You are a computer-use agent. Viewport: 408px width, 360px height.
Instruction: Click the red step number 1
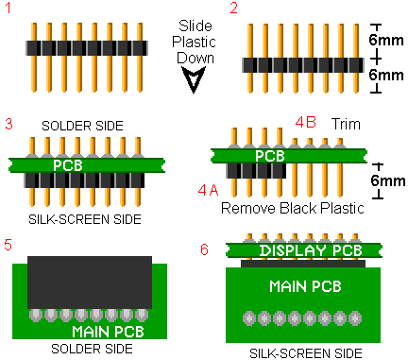pyautogui.click(x=8, y=8)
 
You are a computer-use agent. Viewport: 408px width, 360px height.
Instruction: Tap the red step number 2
pyautogui.click(x=233, y=8)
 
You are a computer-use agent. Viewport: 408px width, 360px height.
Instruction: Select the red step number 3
pyautogui.click(x=8, y=124)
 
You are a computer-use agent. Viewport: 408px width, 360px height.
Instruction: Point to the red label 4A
pyautogui.click(x=208, y=190)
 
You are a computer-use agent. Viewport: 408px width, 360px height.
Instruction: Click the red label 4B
pyautogui.click(x=305, y=122)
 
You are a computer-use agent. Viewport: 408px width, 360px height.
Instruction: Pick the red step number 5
pyautogui.click(x=8, y=245)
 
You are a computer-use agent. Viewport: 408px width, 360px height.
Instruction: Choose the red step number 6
pyautogui.click(x=204, y=249)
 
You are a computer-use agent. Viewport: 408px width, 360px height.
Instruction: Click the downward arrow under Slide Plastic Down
pyautogui.click(x=194, y=80)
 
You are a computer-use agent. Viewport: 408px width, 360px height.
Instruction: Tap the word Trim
pyautogui.click(x=346, y=124)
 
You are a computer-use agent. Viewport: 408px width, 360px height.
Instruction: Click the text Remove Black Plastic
pyautogui.click(x=293, y=208)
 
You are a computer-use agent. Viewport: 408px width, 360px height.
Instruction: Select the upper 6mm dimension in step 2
pyautogui.click(x=386, y=41)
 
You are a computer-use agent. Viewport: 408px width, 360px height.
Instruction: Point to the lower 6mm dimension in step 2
pyautogui.click(x=386, y=75)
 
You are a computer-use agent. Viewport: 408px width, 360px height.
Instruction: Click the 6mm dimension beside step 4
pyautogui.click(x=387, y=180)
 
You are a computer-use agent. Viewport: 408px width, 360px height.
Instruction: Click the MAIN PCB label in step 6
pyautogui.click(x=305, y=286)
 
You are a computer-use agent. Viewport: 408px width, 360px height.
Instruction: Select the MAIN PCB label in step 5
pyautogui.click(x=108, y=332)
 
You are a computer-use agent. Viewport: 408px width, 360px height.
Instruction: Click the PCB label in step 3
pyautogui.click(x=68, y=165)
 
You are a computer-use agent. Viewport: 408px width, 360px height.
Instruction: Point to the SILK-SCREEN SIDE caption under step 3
pyautogui.click(x=85, y=219)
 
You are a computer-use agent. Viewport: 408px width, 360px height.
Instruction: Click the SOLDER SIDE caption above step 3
pyautogui.click(x=82, y=126)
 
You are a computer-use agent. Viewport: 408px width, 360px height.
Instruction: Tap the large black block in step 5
pyautogui.click(x=90, y=283)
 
